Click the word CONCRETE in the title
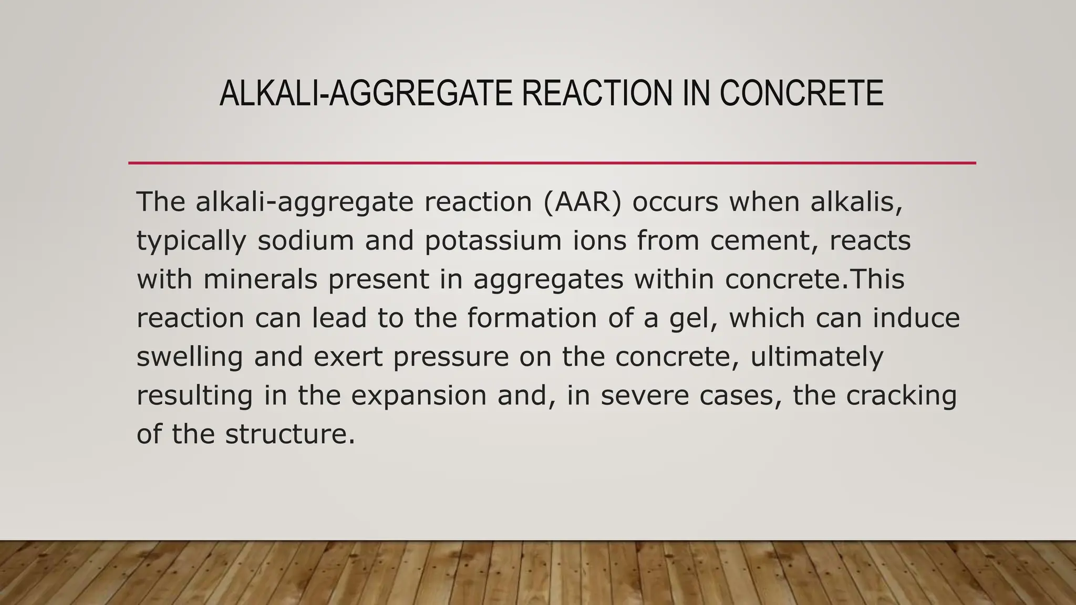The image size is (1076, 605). click(801, 93)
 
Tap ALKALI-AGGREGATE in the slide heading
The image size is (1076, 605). click(366, 93)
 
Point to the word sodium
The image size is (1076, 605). click(306, 241)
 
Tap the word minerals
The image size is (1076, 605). click(260, 279)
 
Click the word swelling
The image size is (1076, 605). click(190, 358)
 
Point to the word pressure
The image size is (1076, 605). click(451, 358)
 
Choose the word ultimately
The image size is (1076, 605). click(817, 358)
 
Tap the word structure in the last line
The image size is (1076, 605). click(291, 434)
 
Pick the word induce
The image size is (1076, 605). click(916, 318)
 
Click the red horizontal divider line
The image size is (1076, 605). click(552, 163)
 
